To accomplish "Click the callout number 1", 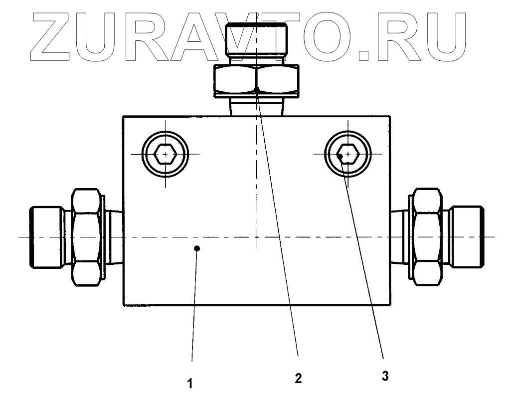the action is click(x=190, y=385).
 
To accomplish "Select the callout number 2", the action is click(x=298, y=379).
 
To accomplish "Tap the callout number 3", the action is click(x=385, y=376).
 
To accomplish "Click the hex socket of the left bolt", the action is click(x=165, y=154).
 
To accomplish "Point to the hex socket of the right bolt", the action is click(x=347, y=154).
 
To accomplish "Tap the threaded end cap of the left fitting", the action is click(x=45, y=237).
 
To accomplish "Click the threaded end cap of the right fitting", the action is click(x=467, y=237).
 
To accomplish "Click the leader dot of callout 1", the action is click(x=197, y=248).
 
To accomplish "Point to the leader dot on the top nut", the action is click(x=257, y=90).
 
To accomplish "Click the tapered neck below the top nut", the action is click(x=256, y=107).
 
